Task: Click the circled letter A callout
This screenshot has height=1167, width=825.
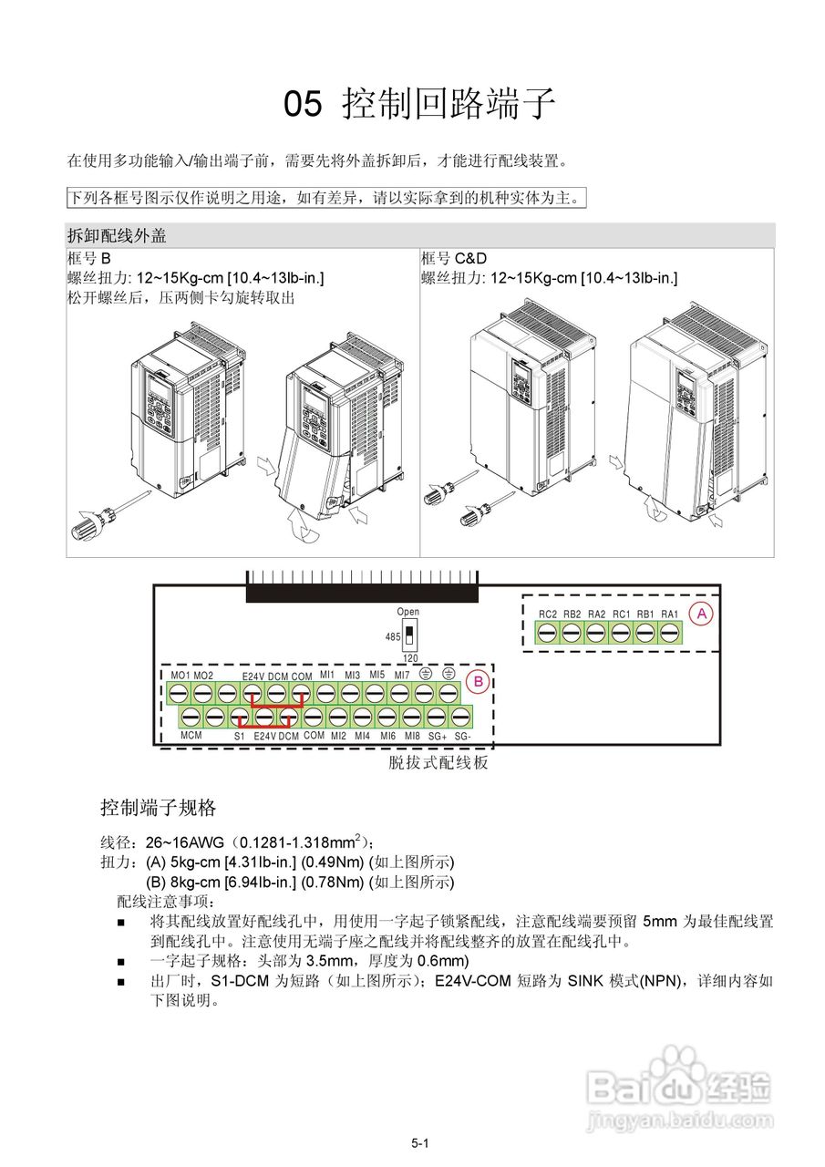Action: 701,614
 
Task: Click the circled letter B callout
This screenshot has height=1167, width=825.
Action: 475,680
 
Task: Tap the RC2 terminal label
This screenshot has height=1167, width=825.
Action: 548,614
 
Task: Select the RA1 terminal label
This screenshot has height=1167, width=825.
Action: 670,614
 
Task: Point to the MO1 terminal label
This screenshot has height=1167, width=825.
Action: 180,676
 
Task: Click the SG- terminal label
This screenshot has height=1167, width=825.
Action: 462,735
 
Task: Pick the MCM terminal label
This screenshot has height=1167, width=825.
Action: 191,735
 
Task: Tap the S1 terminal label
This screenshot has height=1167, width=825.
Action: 240,735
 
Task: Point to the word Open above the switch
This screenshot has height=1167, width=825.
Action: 407,612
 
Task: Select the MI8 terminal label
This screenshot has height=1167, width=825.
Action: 413,735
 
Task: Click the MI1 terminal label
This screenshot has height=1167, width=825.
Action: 327,676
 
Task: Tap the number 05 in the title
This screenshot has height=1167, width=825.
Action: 303,105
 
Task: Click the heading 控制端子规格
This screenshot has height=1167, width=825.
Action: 158,808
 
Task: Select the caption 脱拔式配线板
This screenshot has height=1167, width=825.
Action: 438,763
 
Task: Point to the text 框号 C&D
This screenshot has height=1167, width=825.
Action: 454,258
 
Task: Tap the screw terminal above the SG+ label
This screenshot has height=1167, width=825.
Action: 437,717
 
